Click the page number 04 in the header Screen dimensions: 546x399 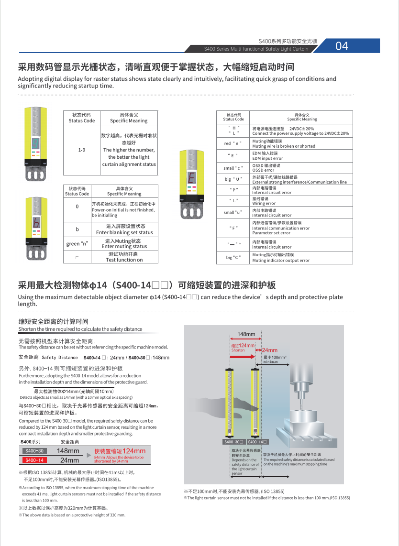pyautogui.click(x=342, y=46)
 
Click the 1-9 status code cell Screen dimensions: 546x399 pyautogui.click(x=82, y=150)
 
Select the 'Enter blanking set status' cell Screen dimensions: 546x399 pyautogui.click(x=124, y=229)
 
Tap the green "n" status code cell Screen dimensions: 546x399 pyautogui.click(x=77, y=243)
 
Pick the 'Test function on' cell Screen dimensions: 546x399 pyautogui.click(x=124, y=257)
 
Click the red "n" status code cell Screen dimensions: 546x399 pyautogui.click(x=233, y=143)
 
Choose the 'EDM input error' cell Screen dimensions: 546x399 pyautogui.click(x=300, y=155)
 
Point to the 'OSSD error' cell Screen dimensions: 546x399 pyautogui.click(x=300, y=168)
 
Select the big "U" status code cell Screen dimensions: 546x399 pyautogui.click(x=233, y=179)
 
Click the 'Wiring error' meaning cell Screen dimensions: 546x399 pyautogui.click(x=300, y=201)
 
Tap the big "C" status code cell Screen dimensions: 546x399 pyautogui.click(x=233, y=258)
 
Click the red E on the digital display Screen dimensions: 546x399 pyautogui.click(x=191, y=179)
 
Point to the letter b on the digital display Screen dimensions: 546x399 pyautogui.click(x=36, y=223)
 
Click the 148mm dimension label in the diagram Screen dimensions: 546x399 pyautogui.click(x=246, y=334)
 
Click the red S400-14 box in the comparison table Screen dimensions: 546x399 pyautogui.click(x=34, y=460)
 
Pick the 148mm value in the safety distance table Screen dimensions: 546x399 pyautogui.click(x=68, y=451)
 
